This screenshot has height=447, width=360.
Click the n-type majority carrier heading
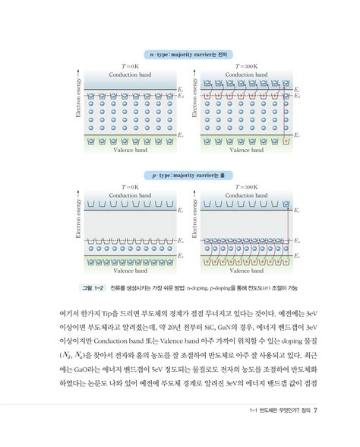tap(179, 54)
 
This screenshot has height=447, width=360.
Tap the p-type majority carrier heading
tap(179, 175)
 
